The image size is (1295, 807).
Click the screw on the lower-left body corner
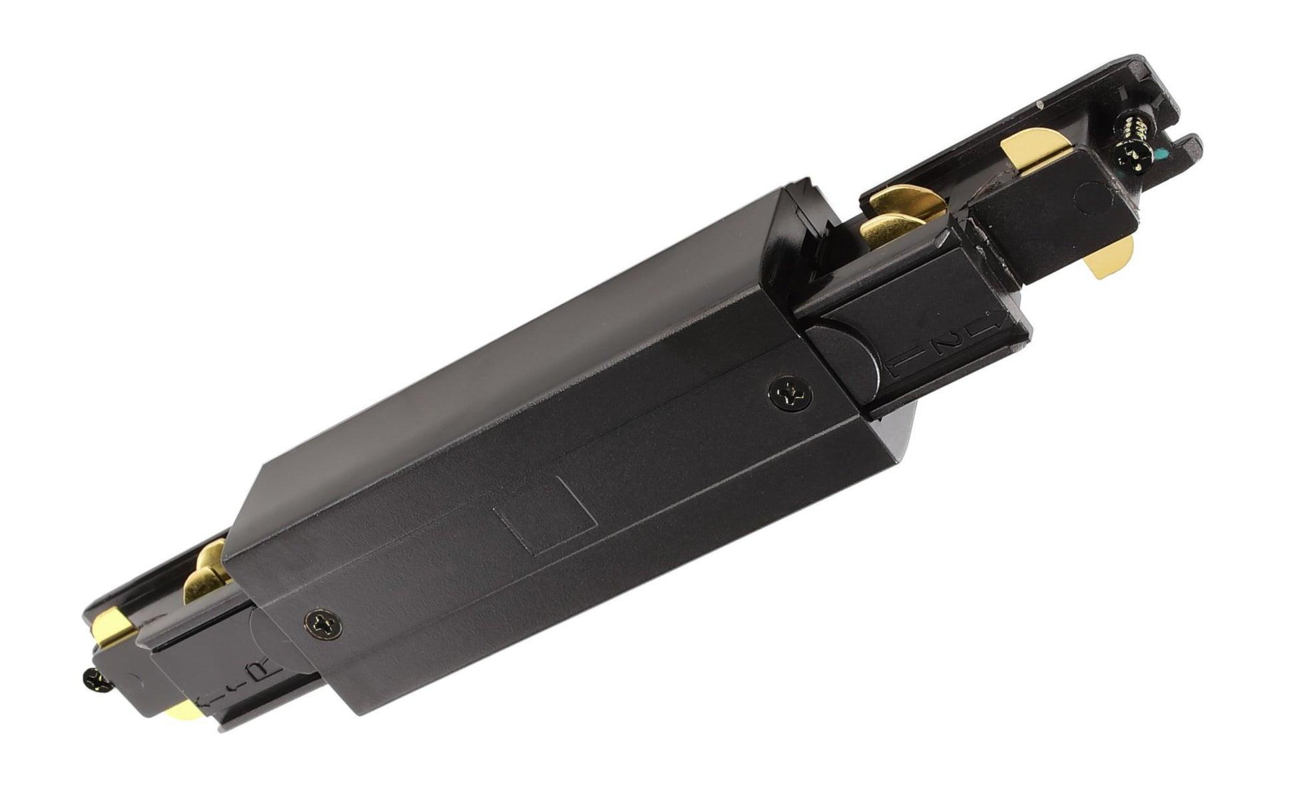[325, 623]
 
